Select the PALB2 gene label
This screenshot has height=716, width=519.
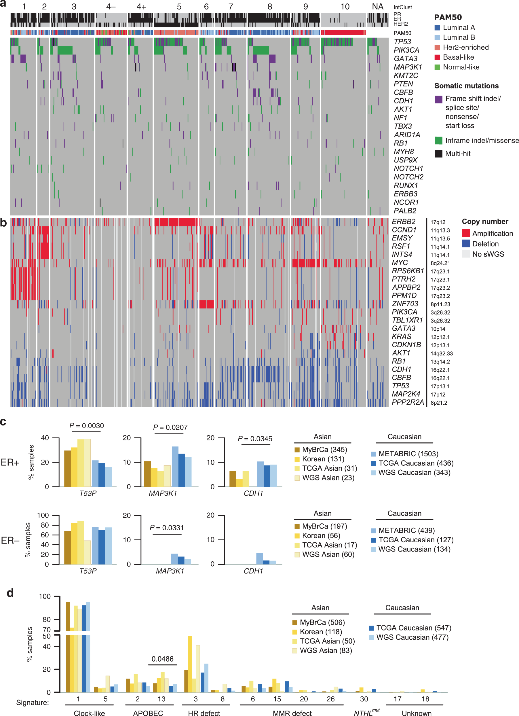[x=405, y=211]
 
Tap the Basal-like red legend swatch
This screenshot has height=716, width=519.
[x=437, y=57]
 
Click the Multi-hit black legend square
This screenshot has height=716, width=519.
[x=438, y=154]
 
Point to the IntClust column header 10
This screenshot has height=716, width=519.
[x=345, y=7]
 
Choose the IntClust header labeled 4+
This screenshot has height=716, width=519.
[x=141, y=7]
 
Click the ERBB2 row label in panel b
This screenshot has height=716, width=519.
[x=404, y=221]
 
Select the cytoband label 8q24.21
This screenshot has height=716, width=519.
[x=440, y=263]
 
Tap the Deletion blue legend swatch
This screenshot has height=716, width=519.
[x=466, y=243]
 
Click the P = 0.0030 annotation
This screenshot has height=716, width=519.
[x=86, y=426]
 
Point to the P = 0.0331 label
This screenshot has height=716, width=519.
[x=167, y=528]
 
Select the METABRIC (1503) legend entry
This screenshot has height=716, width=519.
[x=408, y=454]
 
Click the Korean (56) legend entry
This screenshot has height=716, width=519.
[x=321, y=535]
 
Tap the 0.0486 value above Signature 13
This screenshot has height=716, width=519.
[x=162, y=659]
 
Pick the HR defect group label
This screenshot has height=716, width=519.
[x=204, y=713]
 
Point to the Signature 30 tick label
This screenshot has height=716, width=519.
[x=364, y=699]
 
